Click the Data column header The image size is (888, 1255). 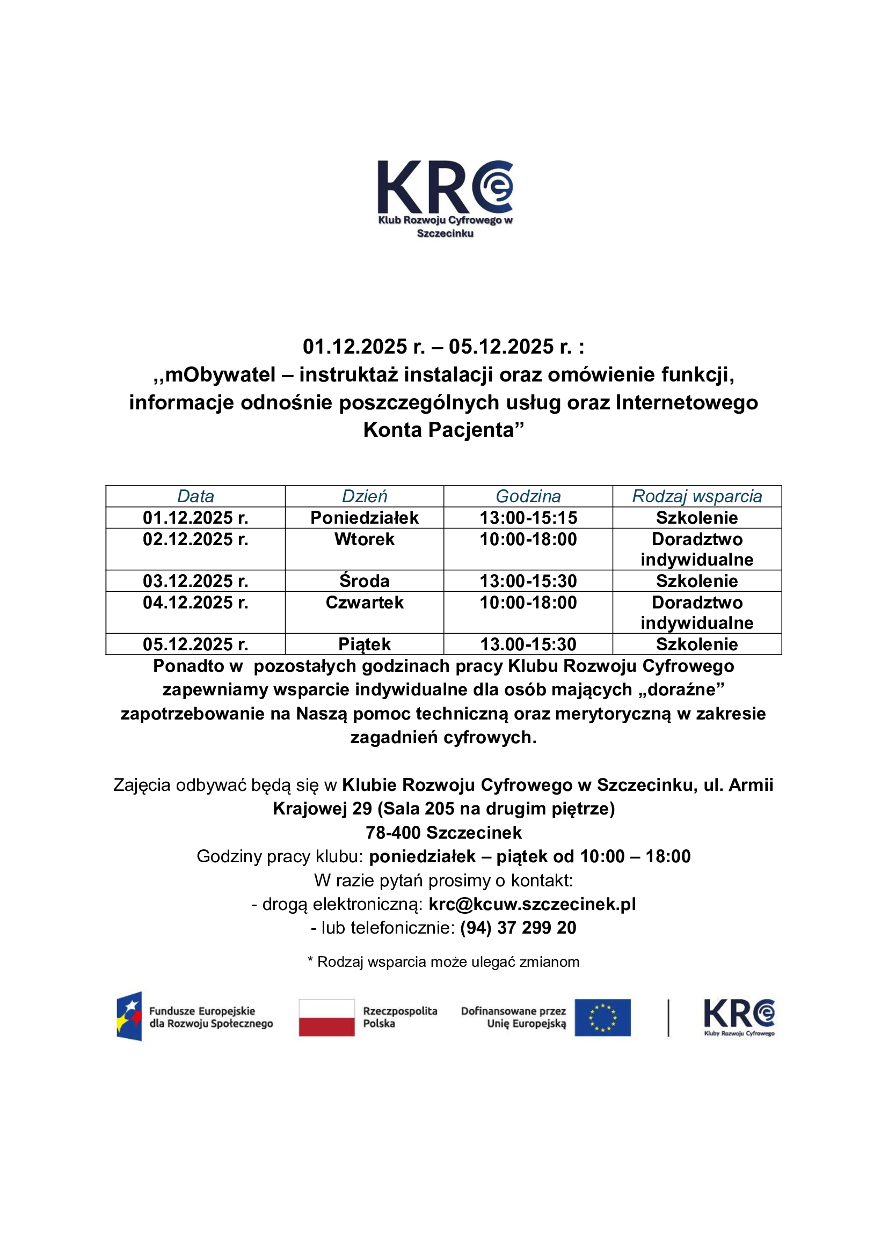pos(195,496)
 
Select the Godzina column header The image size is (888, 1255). pos(528,496)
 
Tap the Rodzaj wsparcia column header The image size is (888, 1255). pos(697,496)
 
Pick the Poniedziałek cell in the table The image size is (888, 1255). pos(364,518)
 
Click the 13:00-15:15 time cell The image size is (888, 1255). pos(528,518)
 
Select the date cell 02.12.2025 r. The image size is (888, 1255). pos(195,539)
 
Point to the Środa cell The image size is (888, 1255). pos(364,581)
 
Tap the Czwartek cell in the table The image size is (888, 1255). pos(364,603)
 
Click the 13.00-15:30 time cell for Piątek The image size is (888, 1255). pos(528,644)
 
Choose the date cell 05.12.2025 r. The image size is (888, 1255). pos(195,644)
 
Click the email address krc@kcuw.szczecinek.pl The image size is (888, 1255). pos(532,904)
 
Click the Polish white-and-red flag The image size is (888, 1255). pos(326,1018)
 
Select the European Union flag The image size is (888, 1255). pos(602,1018)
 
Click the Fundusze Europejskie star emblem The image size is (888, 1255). pos(129,1016)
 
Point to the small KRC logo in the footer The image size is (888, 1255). pos(739,1017)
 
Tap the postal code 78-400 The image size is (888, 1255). pos(393,833)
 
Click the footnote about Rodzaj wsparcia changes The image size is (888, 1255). pos(443,962)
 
